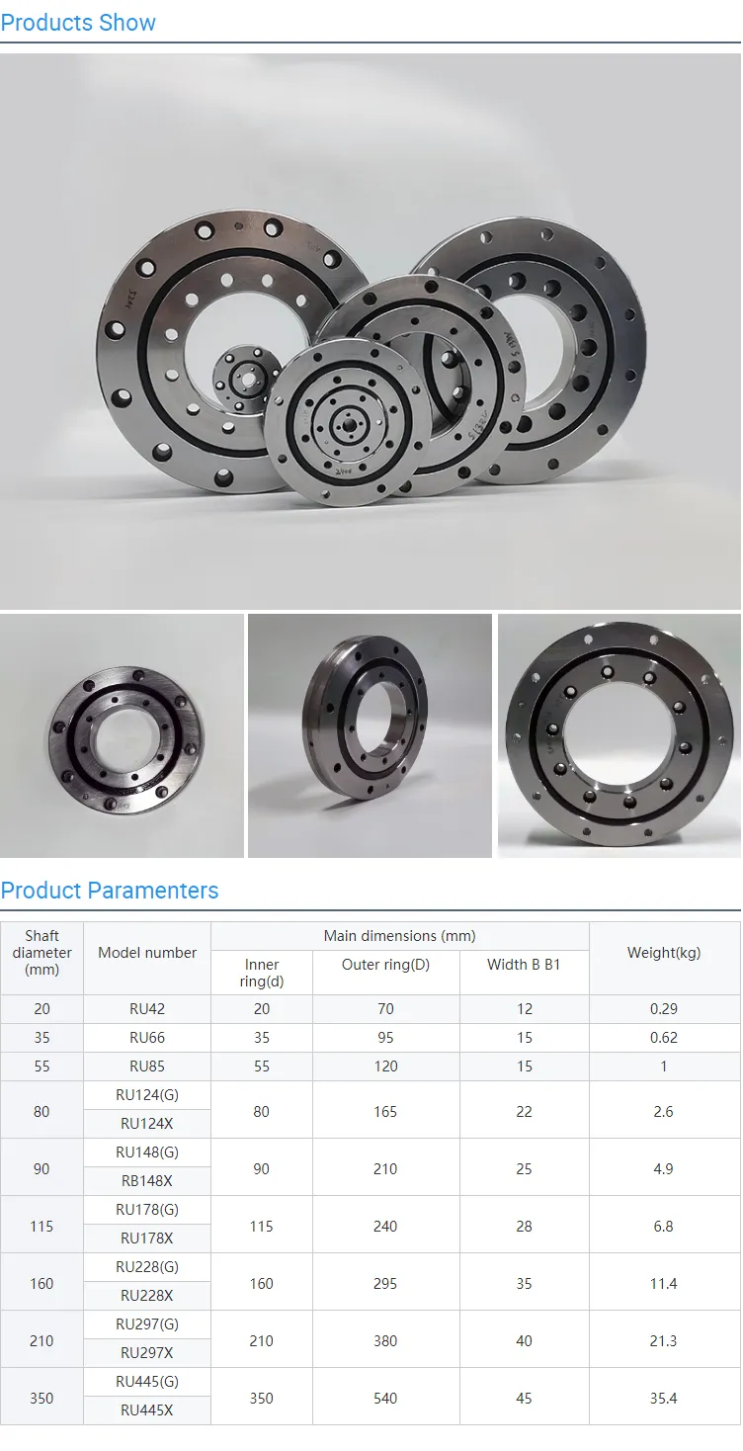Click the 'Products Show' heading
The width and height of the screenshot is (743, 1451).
click(78, 23)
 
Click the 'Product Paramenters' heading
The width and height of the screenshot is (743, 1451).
click(110, 891)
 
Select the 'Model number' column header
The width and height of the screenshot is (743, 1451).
click(147, 953)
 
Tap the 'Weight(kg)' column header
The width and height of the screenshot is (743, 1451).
click(664, 953)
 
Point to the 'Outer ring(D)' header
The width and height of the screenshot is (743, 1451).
click(385, 965)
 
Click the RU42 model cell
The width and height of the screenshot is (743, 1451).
click(147, 1008)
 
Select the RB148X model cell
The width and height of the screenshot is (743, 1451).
click(147, 1181)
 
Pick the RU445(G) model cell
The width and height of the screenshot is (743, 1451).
click(147, 1382)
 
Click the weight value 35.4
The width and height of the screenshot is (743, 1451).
click(663, 1399)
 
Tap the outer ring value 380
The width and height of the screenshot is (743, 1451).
click(385, 1341)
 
